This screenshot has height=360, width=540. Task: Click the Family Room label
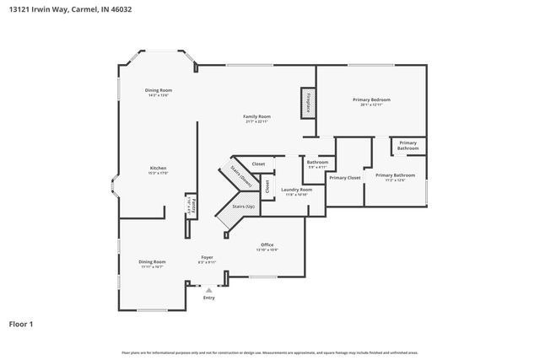[x=256, y=116]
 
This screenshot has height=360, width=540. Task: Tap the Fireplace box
[x=308, y=104]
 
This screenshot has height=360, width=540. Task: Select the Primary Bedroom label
[x=371, y=99]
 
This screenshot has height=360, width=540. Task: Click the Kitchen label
[x=159, y=168]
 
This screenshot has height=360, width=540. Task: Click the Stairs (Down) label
[x=245, y=178]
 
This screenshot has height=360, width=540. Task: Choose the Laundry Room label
[x=297, y=190]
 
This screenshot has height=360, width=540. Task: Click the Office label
[x=267, y=244]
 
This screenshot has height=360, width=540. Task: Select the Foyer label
[x=207, y=257]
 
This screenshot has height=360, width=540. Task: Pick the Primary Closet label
[x=345, y=178]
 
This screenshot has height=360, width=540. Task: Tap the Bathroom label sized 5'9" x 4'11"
[x=317, y=166]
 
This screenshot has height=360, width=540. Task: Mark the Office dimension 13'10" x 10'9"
[x=267, y=250]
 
